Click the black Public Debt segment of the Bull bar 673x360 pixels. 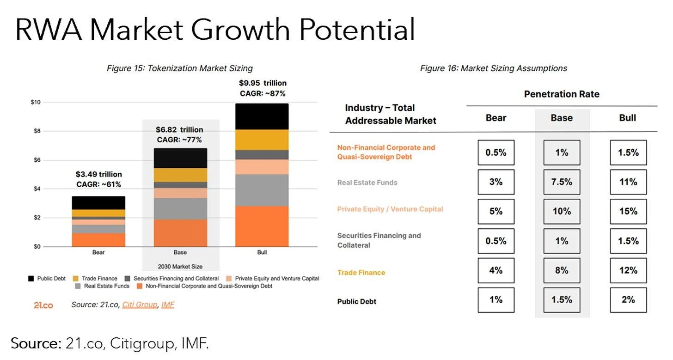[262, 116]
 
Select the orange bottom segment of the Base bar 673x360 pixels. [180, 233]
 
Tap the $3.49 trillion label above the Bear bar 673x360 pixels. [98, 174]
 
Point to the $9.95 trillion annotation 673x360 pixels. [263, 83]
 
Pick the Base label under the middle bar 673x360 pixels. [180, 252]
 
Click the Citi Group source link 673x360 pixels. [140, 305]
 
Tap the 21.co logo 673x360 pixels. [43, 305]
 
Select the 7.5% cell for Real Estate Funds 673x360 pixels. [562, 182]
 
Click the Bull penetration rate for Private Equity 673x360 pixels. [628, 211]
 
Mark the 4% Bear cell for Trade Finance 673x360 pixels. [496, 270]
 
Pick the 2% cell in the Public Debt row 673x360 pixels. [628, 300]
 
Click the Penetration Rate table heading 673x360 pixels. [561, 94]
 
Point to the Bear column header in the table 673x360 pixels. [496, 118]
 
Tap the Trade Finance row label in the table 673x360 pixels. [361, 273]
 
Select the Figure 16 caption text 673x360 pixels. [493, 68]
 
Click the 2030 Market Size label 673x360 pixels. [180, 266]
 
